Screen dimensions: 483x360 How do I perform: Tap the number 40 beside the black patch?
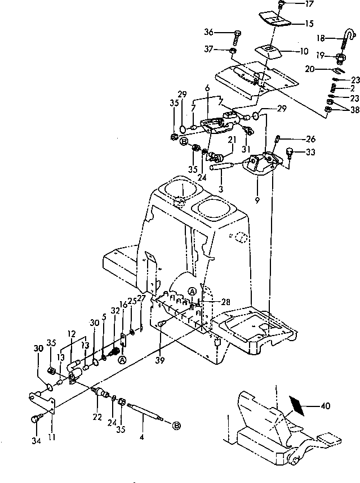[x=326, y=405]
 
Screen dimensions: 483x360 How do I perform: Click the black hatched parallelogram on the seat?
[x=296, y=404]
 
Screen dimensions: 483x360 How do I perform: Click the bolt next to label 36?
[x=237, y=34]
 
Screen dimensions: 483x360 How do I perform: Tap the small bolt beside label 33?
[x=291, y=151]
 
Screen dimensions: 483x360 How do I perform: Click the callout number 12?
[x=72, y=334]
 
